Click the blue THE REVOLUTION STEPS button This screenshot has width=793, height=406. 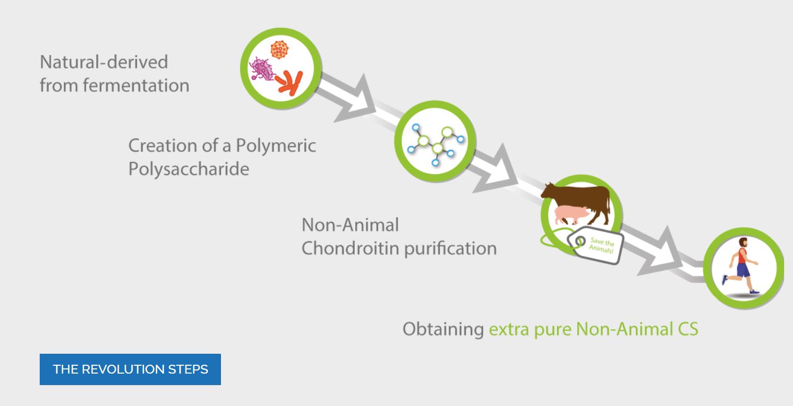coord(130,369)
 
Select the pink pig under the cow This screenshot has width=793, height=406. coord(570,215)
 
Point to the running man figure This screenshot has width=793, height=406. coord(741,265)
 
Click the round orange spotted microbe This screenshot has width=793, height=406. coord(279,50)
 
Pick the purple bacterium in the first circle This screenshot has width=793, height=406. coord(262,69)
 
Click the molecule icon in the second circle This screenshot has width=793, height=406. coord(436,144)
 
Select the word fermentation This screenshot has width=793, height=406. coord(136,86)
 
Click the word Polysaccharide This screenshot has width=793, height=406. coord(189,168)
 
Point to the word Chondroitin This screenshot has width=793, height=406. coord(350,248)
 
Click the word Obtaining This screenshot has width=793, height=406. coord(443,329)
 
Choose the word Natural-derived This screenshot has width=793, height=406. coord(104,62)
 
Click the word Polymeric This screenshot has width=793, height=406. coord(276,146)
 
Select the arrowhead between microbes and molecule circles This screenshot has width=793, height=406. coord(356,100)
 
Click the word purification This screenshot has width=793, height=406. coord(450,249)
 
